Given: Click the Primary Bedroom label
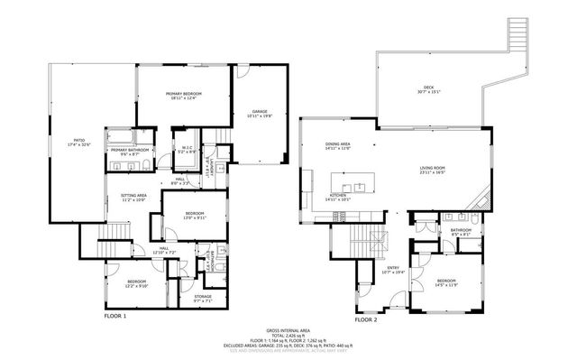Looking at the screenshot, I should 183,96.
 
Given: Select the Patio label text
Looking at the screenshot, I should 78,142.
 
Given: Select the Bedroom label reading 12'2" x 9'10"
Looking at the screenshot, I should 136,284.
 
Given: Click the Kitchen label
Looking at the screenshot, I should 338,196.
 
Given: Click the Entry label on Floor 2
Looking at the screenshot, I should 393,270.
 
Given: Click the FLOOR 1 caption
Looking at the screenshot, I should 115,317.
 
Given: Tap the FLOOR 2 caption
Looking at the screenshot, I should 366,319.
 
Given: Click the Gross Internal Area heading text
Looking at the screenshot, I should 287,331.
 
